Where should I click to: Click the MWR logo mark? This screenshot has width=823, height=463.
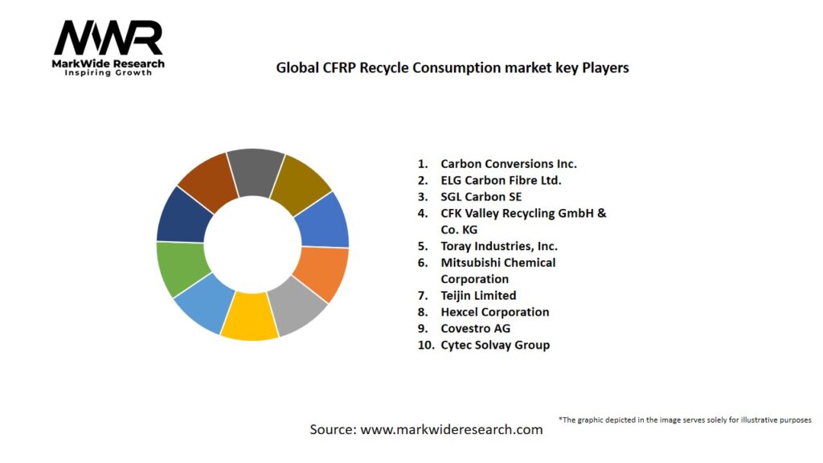click(109, 39)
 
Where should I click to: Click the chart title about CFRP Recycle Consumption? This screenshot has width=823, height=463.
click(452, 68)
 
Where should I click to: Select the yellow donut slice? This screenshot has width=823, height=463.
click(249, 316)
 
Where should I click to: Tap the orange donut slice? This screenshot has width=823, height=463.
click(321, 273)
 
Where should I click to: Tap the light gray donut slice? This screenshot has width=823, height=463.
click(297, 305)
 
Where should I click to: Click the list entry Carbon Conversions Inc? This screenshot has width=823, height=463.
click(509, 163)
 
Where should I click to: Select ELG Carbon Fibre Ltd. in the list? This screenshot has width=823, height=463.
click(501, 180)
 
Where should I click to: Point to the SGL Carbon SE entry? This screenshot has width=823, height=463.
click(481, 196)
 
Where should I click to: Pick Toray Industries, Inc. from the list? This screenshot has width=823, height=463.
click(499, 246)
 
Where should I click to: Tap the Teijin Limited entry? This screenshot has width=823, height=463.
click(478, 295)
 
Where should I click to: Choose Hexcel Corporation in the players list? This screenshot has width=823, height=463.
click(494, 312)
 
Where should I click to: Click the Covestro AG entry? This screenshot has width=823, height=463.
click(475, 328)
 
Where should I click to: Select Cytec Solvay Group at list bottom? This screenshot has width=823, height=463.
click(495, 345)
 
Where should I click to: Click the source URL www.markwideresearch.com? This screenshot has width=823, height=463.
click(452, 429)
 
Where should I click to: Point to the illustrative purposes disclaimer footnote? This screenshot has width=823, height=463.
click(685, 420)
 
